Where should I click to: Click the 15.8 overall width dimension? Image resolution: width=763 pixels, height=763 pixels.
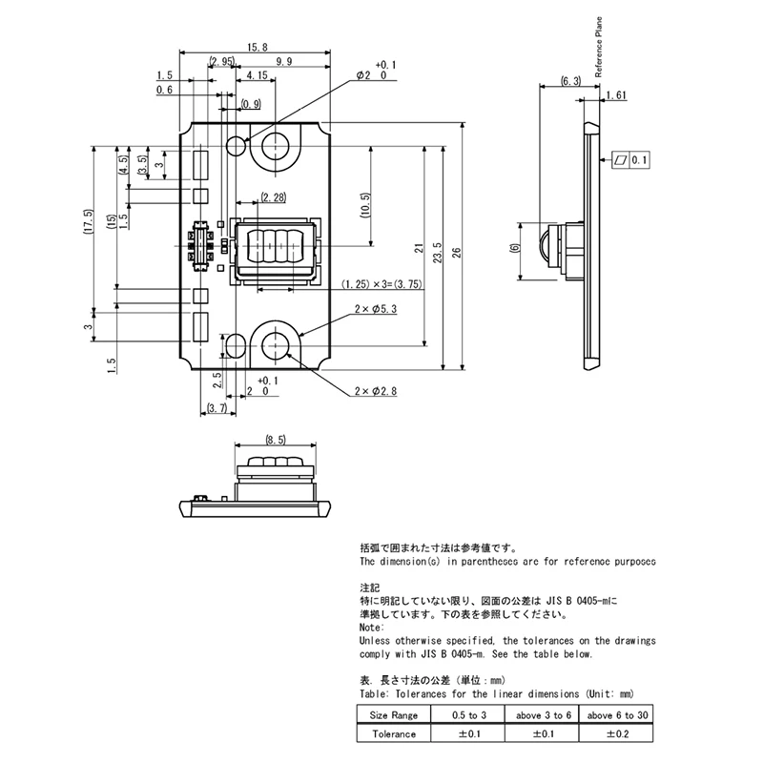(x=257, y=47)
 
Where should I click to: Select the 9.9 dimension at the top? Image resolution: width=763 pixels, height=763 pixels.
(x=283, y=61)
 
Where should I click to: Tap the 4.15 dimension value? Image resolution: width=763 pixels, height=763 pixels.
(x=257, y=75)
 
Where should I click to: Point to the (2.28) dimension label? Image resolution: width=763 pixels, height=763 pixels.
(x=274, y=197)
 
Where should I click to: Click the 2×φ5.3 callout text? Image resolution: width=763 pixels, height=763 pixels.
(x=375, y=309)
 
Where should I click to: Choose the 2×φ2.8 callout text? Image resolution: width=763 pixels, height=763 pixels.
(x=375, y=391)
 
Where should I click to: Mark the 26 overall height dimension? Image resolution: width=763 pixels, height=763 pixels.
(x=457, y=252)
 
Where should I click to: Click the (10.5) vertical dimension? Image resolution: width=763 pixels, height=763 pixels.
(x=366, y=205)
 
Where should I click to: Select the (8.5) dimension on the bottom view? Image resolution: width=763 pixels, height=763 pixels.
(x=276, y=440)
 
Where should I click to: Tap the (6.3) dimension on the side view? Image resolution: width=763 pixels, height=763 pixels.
(x=570, y=81)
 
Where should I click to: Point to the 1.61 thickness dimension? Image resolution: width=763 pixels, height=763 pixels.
(x=615, y=95)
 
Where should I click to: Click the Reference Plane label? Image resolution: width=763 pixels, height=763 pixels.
(x=599, y=47)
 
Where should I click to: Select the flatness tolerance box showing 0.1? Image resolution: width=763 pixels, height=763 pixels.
(x=630, y=160)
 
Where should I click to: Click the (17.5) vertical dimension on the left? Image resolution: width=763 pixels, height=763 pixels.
(x=88, y=221)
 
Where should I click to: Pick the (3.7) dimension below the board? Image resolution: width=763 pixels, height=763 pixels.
(x=217, y=408)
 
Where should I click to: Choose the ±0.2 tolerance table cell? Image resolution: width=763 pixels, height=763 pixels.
(x=616, y=732)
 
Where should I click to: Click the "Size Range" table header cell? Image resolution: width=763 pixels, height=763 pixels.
(x=394, y=714)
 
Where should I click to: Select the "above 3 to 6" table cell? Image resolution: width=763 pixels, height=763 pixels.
(x=542, y=714)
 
